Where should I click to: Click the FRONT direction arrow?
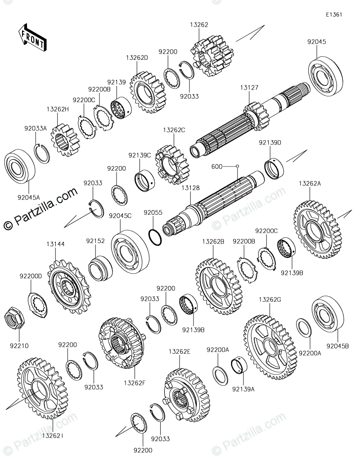click(32, 38)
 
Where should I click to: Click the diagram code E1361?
click(334, 14)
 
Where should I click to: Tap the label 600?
click(217, 167)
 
